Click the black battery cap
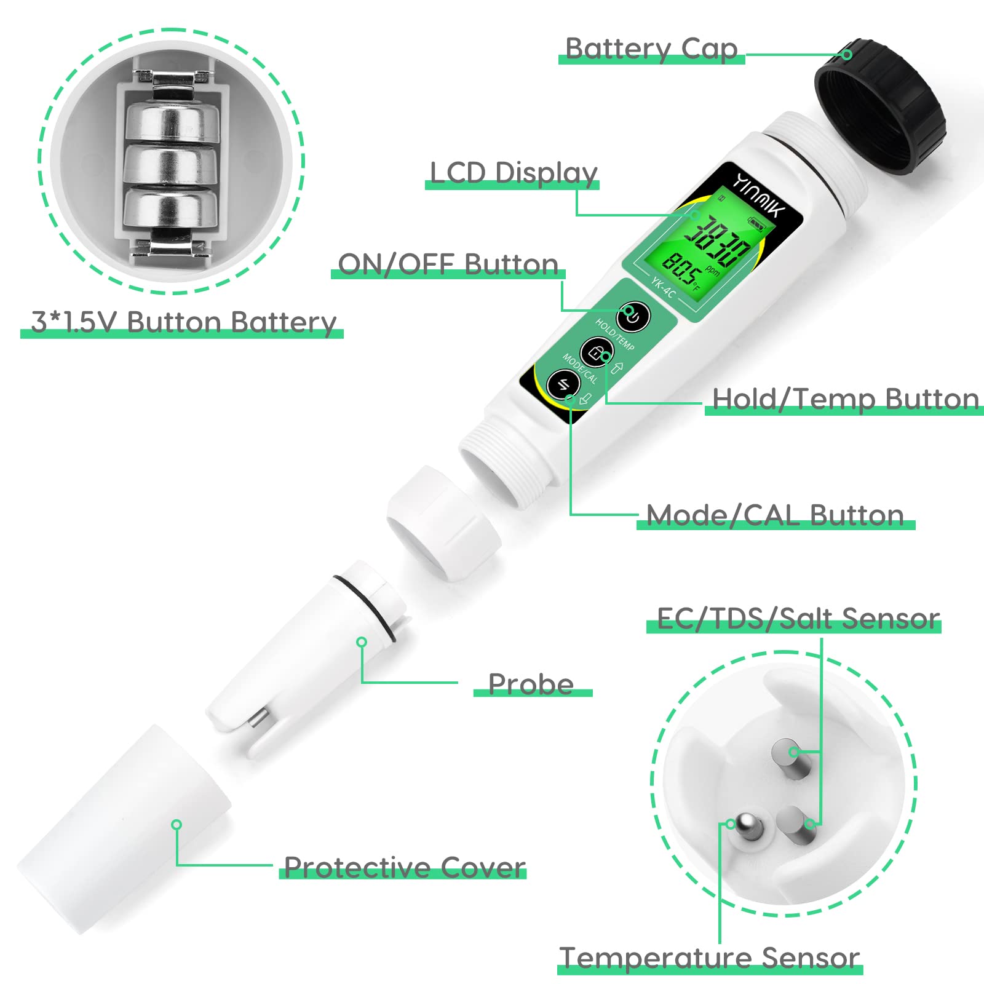pos(880,108)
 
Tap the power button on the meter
pos(632,317)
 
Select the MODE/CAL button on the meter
pos(563,385)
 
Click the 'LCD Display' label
pos(513,173)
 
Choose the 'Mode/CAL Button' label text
pos(775,515)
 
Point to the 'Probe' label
pos(531,684)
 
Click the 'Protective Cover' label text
pos(404,867)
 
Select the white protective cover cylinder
pos(123,830)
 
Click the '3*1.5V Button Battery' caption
pos(183,322)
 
